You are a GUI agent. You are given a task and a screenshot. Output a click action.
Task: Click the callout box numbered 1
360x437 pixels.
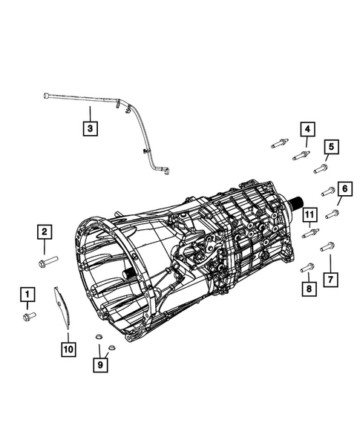[x=27, y=295]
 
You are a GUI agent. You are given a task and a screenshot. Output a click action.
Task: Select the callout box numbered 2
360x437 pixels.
[x=45, y=232]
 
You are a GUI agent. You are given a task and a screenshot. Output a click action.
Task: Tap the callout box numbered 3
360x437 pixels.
[x=90, y=128]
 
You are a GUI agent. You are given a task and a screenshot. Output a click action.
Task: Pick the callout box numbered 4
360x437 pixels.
[x=307, y=129]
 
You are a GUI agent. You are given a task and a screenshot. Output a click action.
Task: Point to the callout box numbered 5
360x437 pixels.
[x=331, y=147]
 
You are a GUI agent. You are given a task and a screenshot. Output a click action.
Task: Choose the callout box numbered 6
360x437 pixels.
[x=345, y=188]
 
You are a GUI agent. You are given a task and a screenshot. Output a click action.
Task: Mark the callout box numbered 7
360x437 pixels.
[x=331, y=279]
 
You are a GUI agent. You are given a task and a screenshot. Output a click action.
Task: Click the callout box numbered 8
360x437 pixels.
[x=309, y=289]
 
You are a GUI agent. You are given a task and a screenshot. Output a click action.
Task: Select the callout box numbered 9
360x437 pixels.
[x=100, y=365]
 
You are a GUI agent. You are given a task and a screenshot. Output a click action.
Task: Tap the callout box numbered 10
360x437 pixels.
[x=68, y=349]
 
